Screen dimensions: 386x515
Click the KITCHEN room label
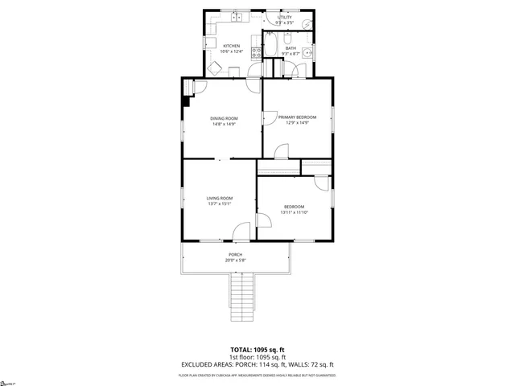(232, 46)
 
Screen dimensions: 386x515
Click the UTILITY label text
(285, 17)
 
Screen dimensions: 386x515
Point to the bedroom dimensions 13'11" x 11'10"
(294, 212)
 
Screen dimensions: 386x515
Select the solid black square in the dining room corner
(187, 101)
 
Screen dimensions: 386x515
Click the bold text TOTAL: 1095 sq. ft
(257, 349)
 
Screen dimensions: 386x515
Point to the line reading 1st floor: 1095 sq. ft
(257, 356)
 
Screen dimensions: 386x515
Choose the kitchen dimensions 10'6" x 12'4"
(232, 51)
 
